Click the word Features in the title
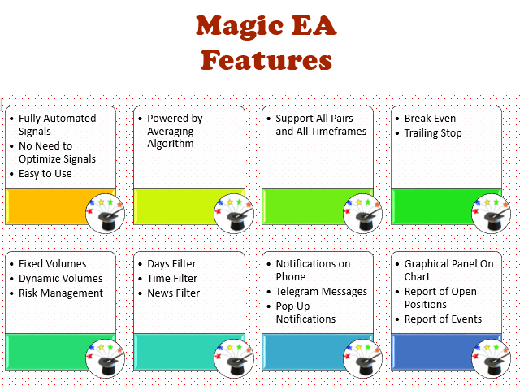coord(266,60)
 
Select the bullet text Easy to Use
coord(45,173)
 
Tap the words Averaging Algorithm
coord(171,137)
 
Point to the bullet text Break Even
coord(430,119)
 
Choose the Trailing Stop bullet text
coord(433,133)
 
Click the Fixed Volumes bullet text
coord(52,263)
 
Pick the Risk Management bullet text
coord(61,293)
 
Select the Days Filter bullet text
coord(171,263)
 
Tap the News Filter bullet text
coord(173,292)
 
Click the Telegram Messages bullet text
coord(322,292)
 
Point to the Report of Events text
coord(443,319)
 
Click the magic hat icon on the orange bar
coord(105,213)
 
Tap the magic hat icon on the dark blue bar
coord(491,359)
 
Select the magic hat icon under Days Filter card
coord(234,359)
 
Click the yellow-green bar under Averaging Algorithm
coord(175,206)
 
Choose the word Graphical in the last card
coord(427,264)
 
